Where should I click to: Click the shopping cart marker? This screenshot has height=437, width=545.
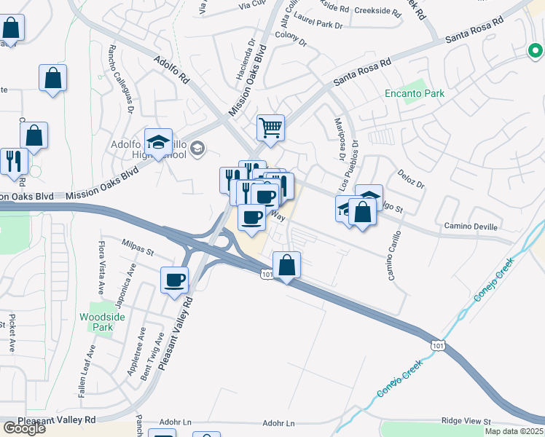point(270,128)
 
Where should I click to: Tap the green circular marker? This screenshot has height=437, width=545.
point(536,51)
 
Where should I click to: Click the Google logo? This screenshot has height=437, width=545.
point(23,428)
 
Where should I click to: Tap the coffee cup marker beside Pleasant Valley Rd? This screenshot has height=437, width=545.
point(175,280)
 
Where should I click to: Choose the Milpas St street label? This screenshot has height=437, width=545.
point(138,252)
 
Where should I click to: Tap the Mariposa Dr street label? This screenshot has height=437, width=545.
point(339,138)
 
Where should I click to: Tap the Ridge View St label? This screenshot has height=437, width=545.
point(467,421)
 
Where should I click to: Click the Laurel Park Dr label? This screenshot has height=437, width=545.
point(319,25)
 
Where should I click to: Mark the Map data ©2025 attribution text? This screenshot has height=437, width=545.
point(515,431)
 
